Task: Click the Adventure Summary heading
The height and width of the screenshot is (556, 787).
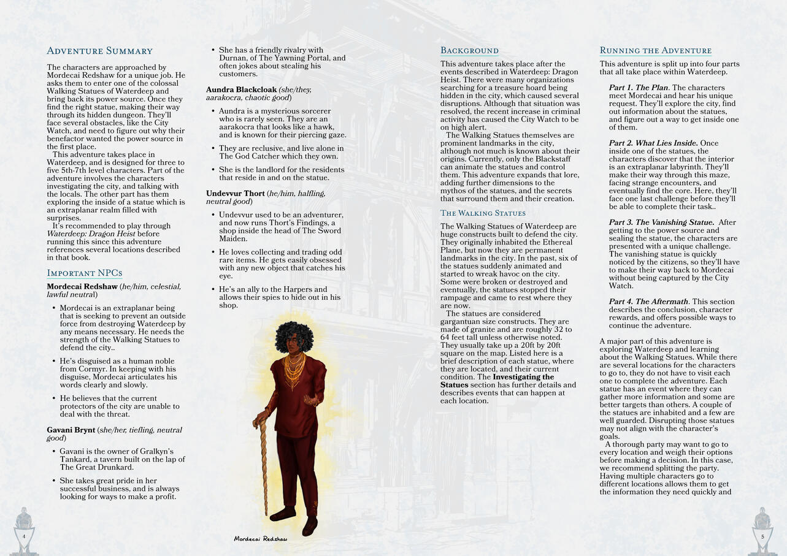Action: pyautogui.click(x=99, y=51)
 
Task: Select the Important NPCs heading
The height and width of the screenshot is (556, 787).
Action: pyautogui.click(x=85, y=273)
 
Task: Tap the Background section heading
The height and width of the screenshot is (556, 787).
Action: pyautogui.click(x=469, y=51)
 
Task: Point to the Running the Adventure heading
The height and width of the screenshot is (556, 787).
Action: pyautogui.click(x=655, y=51)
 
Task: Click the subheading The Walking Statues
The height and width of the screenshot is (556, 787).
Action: pyautogui.click(x=483, y=213)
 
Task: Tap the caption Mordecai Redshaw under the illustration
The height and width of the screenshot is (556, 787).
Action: pyautogui.click(x=260, y=539)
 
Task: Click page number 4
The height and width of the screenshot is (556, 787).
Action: pyautogui.click(x=24, y=536)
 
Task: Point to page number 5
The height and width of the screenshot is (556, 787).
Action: pyautogui.click(x=762, y=536)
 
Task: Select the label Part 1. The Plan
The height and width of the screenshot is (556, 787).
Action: pyautogui.click(x=639, y=88)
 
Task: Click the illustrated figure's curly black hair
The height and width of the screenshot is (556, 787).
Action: pyautogui.click(x=294, y=335)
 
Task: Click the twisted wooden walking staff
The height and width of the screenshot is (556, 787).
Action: pyautogui.click(x=264, y=466)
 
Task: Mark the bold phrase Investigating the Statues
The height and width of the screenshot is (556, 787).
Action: pyautogui.click(x=497, y=381)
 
